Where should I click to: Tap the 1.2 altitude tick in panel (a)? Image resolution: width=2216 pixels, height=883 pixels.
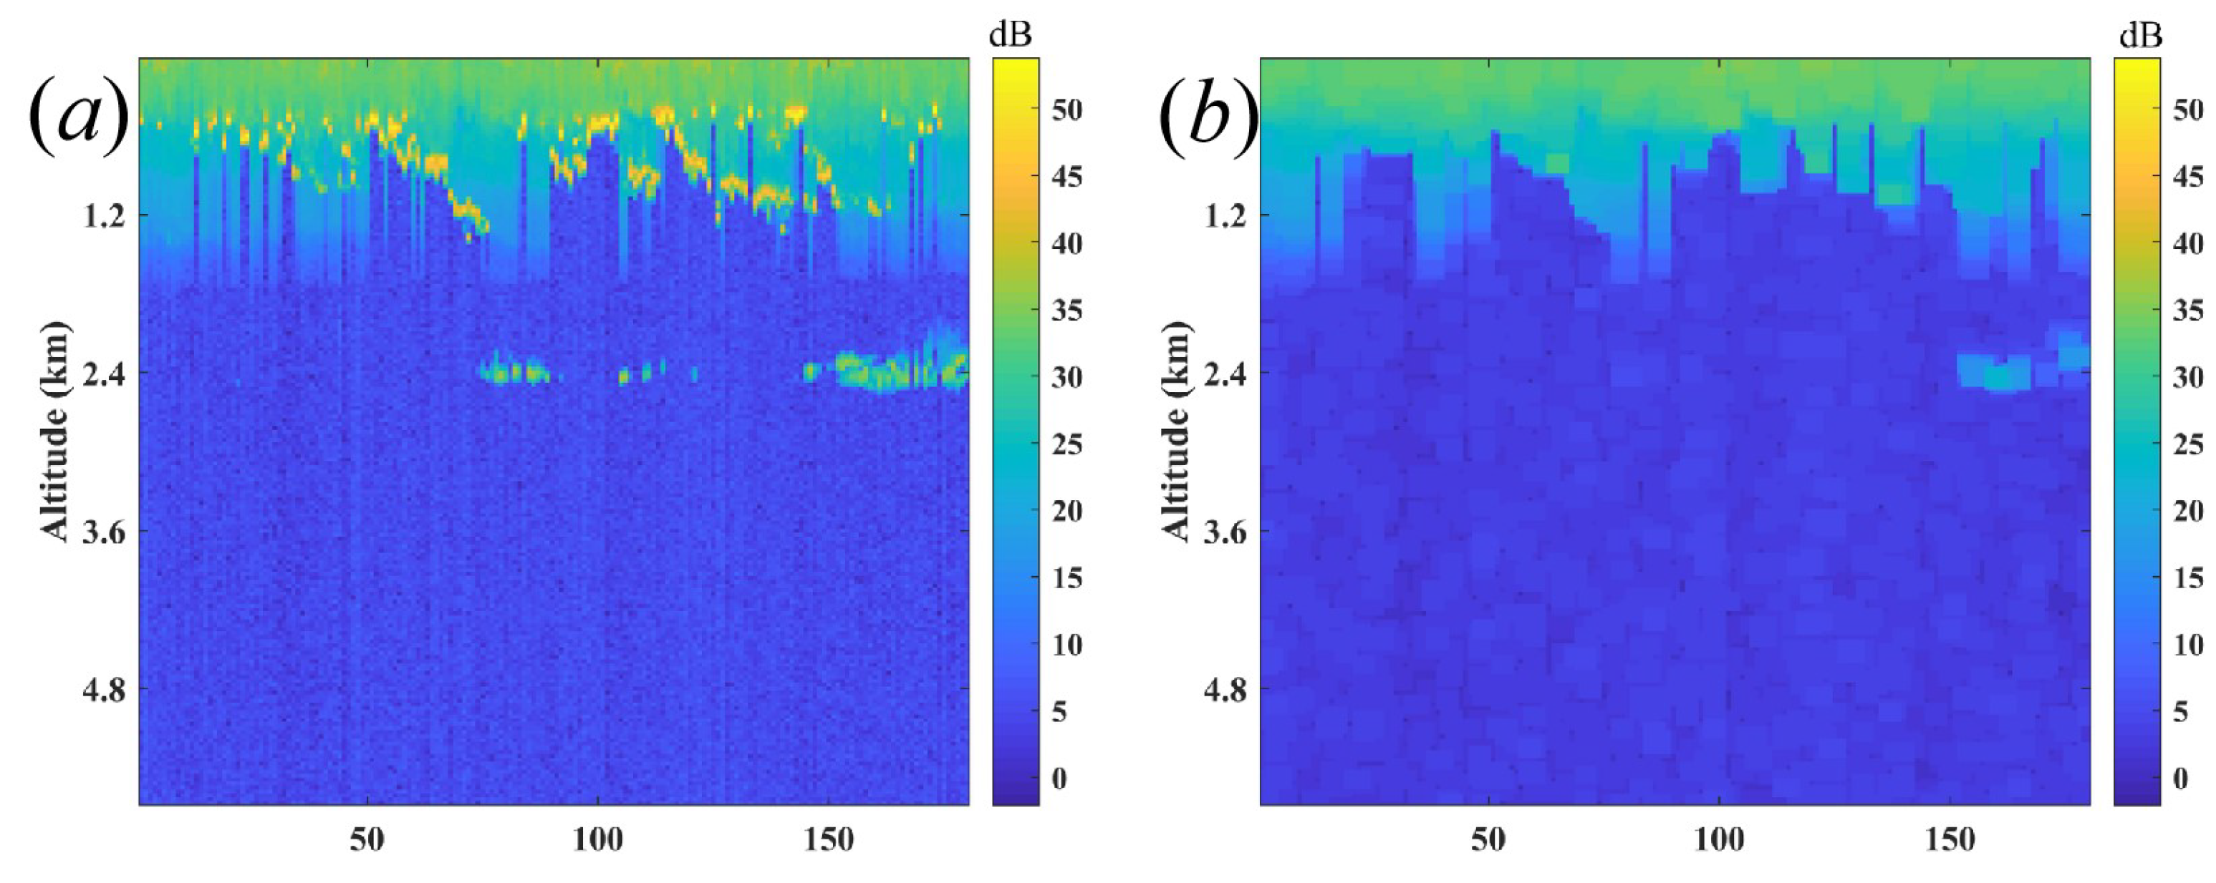(102, 216)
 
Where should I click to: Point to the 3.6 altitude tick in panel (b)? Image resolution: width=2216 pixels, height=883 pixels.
(1224, 533)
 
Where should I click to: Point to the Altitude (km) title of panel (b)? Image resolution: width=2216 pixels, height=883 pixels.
(1176, 431)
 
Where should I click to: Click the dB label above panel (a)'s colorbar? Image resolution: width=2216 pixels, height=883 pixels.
(1010, 34)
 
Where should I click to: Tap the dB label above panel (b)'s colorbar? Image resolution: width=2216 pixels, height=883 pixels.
(2139, 34)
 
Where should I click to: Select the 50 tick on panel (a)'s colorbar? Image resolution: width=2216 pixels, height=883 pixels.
(1066, 110)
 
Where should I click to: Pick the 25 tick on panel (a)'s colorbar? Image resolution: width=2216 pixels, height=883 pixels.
(1066, 444)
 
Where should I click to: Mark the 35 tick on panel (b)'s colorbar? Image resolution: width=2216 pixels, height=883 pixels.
(2187, 311)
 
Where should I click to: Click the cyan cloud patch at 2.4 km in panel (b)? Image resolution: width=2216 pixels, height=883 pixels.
(1996, 373)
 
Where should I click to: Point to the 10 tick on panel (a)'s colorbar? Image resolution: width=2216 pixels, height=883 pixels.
(1066, 645)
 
